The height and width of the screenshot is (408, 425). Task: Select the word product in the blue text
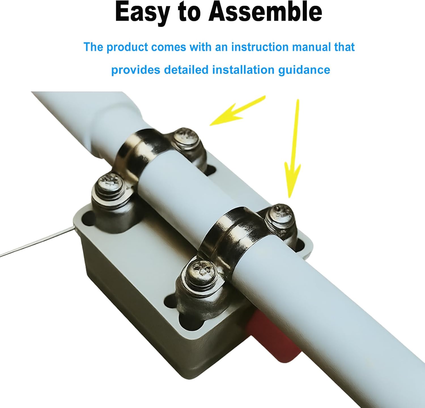127,47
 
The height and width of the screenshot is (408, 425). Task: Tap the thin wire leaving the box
37,242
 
